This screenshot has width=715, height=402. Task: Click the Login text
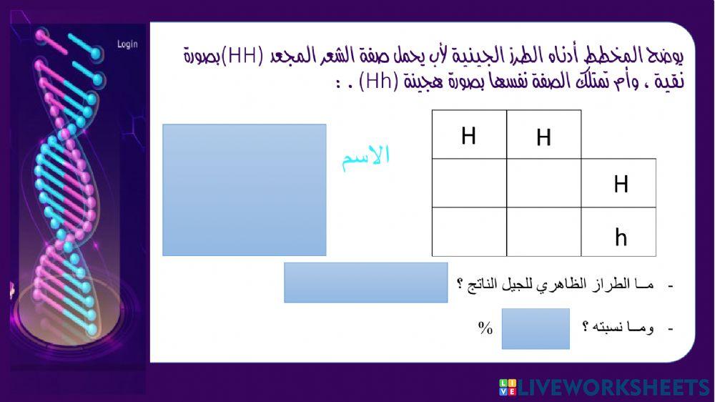pyautogui.click(x=127, y=44)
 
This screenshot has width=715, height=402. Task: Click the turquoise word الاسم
pyautogui.click(x=365, y=156)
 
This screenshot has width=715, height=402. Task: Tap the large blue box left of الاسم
pyautogui.click(x=245, y=190)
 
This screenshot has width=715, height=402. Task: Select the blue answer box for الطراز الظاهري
pyautogui.click(x=365, y=283)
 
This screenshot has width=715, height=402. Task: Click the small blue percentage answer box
pyautogui.click(x=536, y=328)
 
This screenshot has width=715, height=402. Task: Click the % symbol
pyautogui.click(x=486, y=328)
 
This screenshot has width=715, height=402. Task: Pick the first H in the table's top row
pyautogui.click(x=469, y=136)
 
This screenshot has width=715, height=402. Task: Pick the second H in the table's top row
pyautogui.click(x=543, y=137)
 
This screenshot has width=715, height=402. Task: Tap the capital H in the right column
pyautogui.click(x=621, y=185)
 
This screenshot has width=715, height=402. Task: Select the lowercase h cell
pyautogui.click(x=621, y=237)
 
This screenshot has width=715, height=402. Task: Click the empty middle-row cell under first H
pyautogui.click(x=469, y=183)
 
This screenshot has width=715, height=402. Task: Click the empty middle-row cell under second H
pyautogui.click(x=543, y=183)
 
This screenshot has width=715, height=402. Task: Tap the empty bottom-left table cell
pyautogui.click(x=469, y=232)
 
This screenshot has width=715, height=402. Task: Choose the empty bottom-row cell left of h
pyautogui.click(x=543, y=232)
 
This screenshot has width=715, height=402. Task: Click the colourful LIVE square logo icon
pyautogui.click(x=508, y=388)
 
